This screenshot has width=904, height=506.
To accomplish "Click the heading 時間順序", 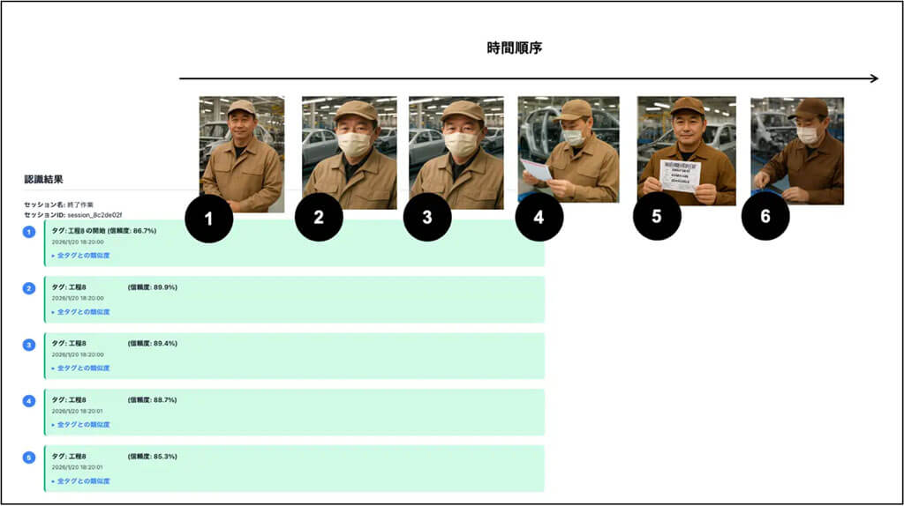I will point(514,48).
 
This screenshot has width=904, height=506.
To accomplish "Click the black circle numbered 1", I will point(209,219).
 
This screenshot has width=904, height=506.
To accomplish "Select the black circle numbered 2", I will point(319,219).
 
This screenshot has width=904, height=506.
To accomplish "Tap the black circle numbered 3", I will point(427,219).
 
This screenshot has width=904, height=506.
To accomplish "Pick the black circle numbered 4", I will point(539,219).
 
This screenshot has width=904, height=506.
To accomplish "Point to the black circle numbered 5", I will point(657,217).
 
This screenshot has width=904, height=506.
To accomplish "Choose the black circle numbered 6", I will point(765,217).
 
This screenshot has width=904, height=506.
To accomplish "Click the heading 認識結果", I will point(43,180).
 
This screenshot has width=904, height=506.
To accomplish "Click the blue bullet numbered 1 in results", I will point(29,231).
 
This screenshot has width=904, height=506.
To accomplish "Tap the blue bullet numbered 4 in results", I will point(29,400).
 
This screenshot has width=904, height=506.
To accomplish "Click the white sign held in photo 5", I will point(680,175).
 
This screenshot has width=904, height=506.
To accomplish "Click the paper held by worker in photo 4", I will point(536,168).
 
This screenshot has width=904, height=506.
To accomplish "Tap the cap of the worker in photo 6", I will point(809,108).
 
